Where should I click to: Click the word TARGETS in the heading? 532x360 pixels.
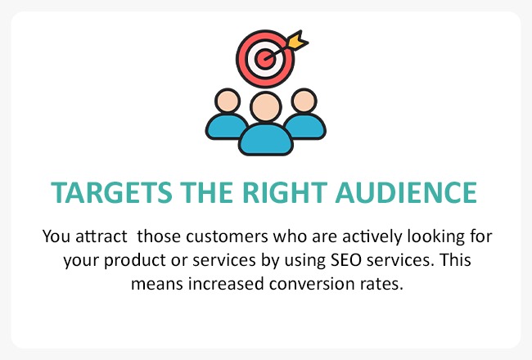[111, 192]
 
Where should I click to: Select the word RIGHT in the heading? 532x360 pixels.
[285, 192]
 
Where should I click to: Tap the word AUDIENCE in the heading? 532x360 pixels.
[406, 192]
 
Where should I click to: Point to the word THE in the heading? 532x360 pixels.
[206, 192]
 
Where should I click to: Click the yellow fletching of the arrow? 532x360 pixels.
[297, 40]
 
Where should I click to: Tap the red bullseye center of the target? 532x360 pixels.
[264, 59]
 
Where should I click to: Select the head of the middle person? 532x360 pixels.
[266, 106]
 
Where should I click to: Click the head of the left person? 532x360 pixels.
[228, 101]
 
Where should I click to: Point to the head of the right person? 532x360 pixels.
[304, 101]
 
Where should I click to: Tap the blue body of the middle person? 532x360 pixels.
[266, 140]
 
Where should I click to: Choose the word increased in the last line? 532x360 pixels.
[226, 284]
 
